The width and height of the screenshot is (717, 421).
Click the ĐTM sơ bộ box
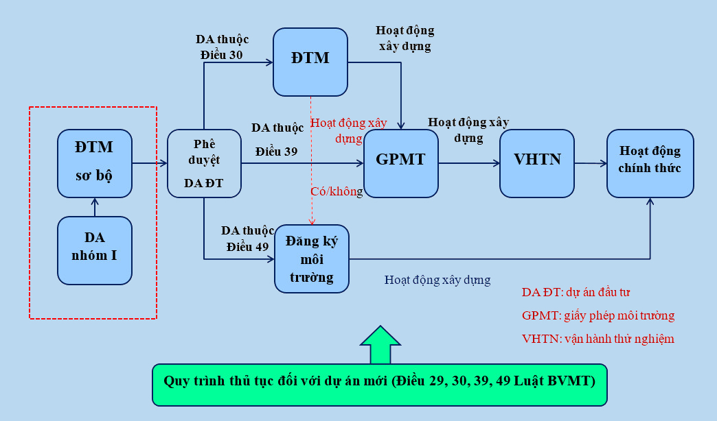coord(95,162)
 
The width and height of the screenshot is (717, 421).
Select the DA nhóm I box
coord(95,250)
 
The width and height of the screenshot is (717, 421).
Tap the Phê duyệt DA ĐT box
coord(205,163)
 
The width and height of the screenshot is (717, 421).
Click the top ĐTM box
coord(310,62)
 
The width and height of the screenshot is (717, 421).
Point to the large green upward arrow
coord(380,344)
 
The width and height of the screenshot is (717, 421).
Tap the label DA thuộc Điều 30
coord(223,47)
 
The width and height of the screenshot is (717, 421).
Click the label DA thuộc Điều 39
coord(277,139)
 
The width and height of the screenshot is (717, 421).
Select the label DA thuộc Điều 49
coord(247,238)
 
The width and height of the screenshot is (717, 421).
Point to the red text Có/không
coord(337,192)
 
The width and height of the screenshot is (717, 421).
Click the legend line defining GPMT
coord(598,315)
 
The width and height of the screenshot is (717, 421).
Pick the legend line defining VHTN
coord(598,338)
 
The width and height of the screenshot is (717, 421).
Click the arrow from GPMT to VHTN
coord(469,163)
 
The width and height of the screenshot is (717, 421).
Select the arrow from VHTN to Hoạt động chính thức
coord(591,163)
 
